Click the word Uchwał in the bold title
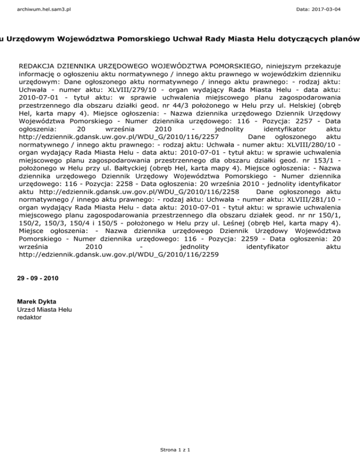178,38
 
